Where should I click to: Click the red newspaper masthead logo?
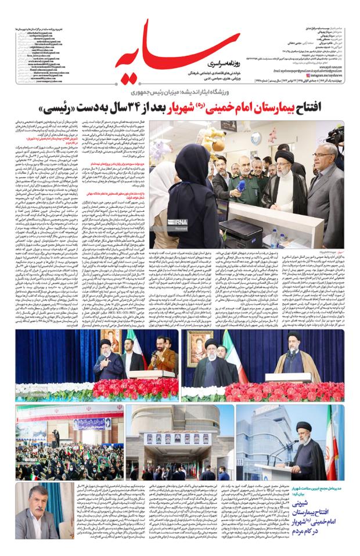pyautogui.click(x=174, y=49)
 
